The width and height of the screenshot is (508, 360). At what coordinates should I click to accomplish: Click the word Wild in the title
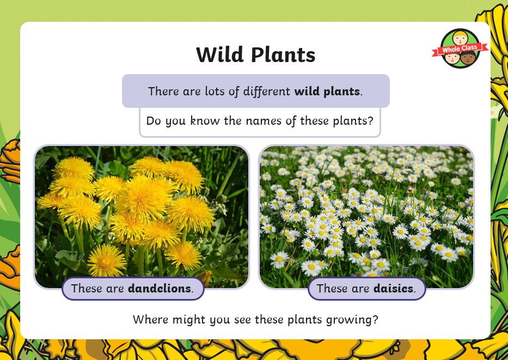(219, 54)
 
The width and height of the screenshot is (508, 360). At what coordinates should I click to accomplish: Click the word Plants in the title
(283, 54)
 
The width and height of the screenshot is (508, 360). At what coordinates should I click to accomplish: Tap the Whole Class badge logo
(460, 48)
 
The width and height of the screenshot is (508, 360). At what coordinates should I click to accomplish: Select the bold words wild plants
(327, 91)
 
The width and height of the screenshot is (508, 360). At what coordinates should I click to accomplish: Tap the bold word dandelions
(160, 288)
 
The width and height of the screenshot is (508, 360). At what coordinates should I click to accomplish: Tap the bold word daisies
(394, 288)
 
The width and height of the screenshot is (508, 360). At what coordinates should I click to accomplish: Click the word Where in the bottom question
(151, 320)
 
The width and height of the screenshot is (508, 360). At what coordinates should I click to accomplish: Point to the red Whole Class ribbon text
(460, 49)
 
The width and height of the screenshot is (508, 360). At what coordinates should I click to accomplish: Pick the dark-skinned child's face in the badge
(468, 58)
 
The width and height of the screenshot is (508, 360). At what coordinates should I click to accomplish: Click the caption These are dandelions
(133, 289)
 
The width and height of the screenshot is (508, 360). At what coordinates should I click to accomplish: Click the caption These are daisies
(366, 289)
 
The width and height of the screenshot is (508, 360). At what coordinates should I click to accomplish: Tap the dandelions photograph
(142, 216)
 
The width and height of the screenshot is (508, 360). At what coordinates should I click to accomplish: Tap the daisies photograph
(366, 216)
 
